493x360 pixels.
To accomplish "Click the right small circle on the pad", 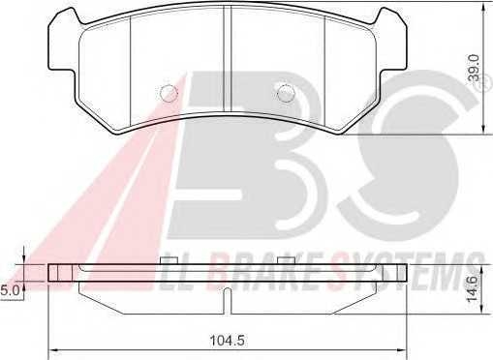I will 285,93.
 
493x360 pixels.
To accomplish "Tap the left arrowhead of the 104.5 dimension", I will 53,350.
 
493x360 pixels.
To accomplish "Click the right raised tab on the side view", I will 285,261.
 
